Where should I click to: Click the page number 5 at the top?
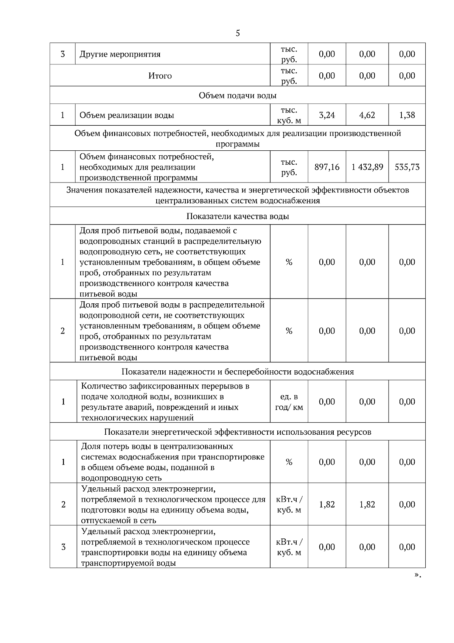tap(238, 33)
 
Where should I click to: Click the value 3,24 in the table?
tap(327, 115)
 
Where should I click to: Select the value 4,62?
tap(367, 115)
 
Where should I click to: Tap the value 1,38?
tap(407, 115)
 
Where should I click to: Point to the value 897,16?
tap(327, 167)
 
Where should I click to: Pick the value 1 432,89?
tap(367, 167)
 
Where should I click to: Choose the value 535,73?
tap(407, 167)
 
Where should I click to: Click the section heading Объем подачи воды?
tap(238, 95)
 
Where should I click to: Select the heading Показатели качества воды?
tap(238, 216)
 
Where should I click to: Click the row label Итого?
tap(160, 76)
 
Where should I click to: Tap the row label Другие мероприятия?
tap(120, 54)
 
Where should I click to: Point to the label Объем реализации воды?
tap(127, 115)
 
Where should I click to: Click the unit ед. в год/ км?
tap(289, 402)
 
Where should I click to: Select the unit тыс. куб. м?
tap(289, 115)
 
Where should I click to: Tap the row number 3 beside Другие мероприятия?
tap(62, 54)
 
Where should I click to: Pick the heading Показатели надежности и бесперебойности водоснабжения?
tap(238, 371)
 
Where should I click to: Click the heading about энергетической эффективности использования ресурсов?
tap(238, 432)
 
